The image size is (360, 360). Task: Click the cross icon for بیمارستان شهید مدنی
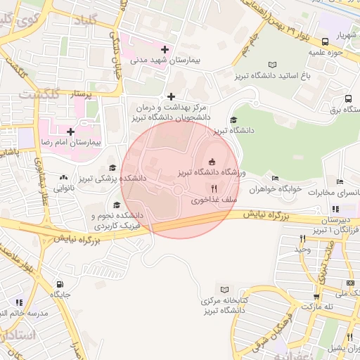tap(165, 50)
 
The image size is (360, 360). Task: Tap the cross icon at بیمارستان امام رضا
tap(70, 131)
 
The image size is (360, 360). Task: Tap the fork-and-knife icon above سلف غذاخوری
tap(214, 189)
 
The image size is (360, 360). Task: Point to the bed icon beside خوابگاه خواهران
tap(275, 179)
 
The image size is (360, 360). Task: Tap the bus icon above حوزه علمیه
tap(324, 42)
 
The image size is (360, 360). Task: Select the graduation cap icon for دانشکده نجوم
tap(116, 204)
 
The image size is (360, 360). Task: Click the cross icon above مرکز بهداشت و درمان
tap(171, 96)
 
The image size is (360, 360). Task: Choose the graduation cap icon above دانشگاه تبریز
tap(233, 120)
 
